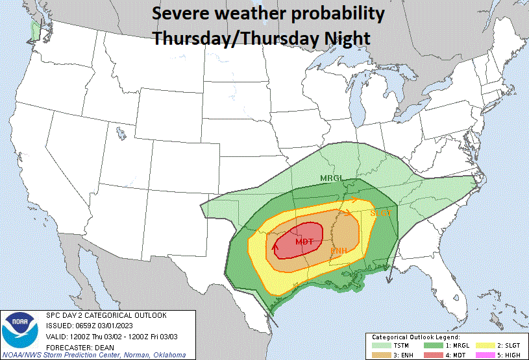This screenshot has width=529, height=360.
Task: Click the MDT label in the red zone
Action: click(x=304, y=242)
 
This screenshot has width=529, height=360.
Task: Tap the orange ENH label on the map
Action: click(x=338, y=251)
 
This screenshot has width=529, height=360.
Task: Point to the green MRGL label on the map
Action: click(x=331, y=178)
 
